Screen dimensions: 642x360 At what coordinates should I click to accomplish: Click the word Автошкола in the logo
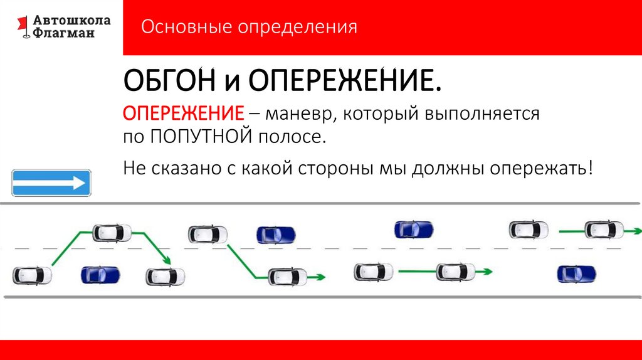coord(71,20)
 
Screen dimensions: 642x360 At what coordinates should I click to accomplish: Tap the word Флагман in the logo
coord(65,33)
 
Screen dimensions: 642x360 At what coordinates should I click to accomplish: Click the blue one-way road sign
coord(51,183)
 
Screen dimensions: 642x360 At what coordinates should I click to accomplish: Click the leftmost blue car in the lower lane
coord(100,274)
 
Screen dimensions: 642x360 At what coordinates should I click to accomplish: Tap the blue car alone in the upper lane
coord(414,230)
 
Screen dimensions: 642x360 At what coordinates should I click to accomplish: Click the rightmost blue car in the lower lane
coord(577,274)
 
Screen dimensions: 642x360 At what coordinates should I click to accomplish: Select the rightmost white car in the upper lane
coord(604,230)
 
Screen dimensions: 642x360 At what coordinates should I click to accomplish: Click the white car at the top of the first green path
coord(112,233)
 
